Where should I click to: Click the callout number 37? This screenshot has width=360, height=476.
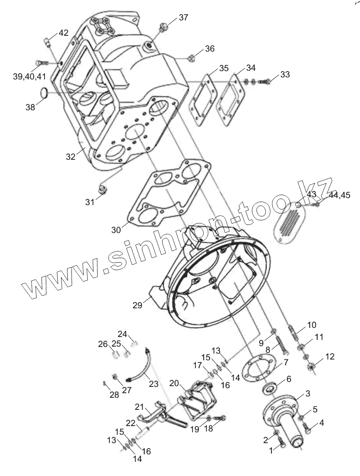coord(183,17)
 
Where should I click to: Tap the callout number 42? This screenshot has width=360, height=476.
coord(63,33)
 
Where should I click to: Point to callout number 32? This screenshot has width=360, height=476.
coord(70,156)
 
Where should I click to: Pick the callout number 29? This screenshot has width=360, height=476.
coord(137,305)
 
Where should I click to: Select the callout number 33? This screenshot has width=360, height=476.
coord(285,74)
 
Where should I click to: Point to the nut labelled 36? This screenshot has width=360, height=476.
coord(190,57)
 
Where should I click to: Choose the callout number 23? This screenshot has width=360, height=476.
coord(154,384)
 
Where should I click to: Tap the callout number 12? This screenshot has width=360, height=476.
coord(330,357)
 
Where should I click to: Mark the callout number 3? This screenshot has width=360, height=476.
coord(308,393)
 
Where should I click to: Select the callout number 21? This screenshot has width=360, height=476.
coord(139,407)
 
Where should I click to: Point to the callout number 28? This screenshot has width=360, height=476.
coord(114,394)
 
